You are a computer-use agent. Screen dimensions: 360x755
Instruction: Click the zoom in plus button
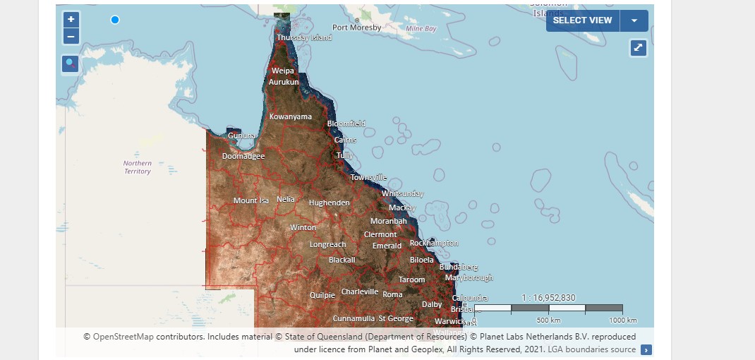coord(71,20)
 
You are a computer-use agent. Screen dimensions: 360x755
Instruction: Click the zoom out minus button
coord(71,37)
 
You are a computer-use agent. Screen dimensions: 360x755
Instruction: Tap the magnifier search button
coord(71,64)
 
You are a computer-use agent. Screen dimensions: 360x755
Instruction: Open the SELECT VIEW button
coord(582,20)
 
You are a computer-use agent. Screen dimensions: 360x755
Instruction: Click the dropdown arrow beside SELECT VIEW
coord(634,20)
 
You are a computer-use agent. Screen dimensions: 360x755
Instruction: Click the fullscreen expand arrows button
coord(639,48)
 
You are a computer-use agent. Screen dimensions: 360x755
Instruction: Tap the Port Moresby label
coord(357,28)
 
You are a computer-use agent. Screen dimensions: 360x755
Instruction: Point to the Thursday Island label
coord(304,37)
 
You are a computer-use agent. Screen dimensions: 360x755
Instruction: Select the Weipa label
coord(283,71)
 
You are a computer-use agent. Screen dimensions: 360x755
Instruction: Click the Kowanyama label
coord(291,116)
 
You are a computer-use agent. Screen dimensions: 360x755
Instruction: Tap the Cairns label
coord(345,140)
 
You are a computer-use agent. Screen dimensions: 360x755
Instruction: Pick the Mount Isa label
coord(251,200)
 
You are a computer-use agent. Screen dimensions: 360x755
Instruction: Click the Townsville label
coord(368,177)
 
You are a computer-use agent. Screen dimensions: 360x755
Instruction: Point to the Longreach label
coord(328,245)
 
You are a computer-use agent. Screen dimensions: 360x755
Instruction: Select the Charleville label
coord(360,292)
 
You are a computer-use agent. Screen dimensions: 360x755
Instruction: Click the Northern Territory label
coord(138,167)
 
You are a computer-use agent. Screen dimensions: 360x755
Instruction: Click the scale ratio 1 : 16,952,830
coord(548,297)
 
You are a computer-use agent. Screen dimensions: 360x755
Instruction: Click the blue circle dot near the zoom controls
coord(115,20)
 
